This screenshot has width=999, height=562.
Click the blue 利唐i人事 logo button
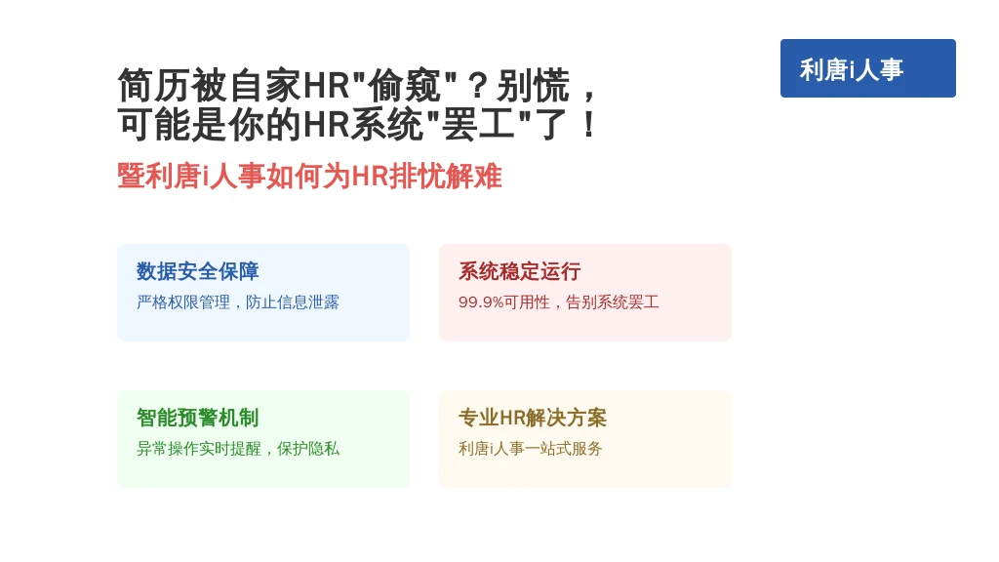[867, 68]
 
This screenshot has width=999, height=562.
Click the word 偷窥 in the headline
[405, 86]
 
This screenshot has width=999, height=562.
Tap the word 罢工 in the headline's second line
[478, 124]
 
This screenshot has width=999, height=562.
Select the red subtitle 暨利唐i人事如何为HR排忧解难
[309, 176]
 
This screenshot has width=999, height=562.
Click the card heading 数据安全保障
[197, 271]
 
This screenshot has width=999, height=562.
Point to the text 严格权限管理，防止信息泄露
[238, 302]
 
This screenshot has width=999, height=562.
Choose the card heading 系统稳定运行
[519, 271]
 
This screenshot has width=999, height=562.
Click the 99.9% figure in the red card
[481, 302]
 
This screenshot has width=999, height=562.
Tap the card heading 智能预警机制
[197, 418]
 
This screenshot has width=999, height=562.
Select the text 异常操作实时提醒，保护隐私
[238, 449]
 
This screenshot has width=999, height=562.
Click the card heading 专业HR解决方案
[533, 418]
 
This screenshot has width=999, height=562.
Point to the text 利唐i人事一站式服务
[530, 449]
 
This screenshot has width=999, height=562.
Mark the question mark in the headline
[477, 86]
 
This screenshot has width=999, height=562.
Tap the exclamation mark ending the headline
[589, 124]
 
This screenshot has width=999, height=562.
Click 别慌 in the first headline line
[533, 86]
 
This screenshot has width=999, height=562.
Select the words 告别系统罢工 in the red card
[613, 302]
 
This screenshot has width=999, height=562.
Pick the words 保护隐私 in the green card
[307, 449]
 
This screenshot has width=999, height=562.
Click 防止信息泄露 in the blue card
[293, 302]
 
